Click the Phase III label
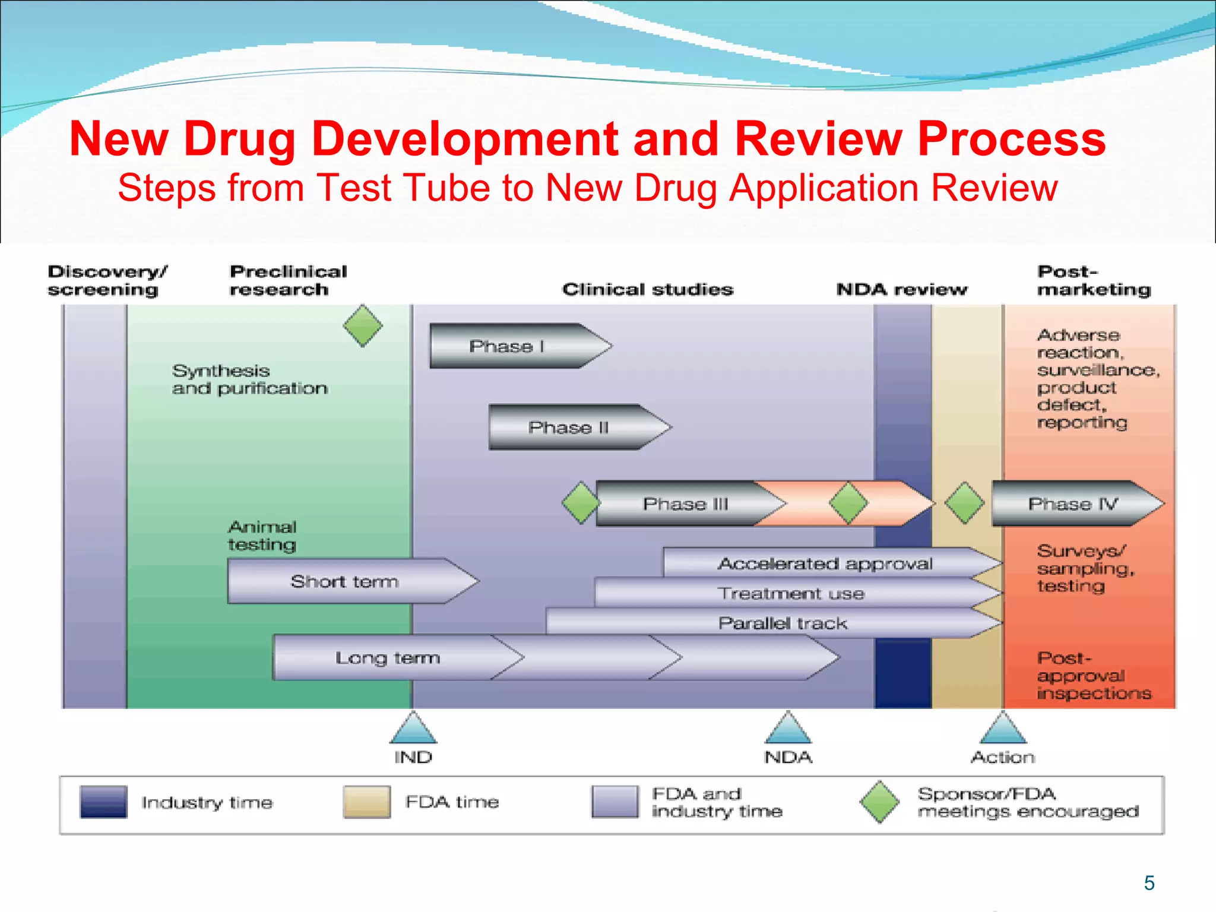[x=685, y=504]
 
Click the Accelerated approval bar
[x=825, y=563]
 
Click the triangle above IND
[x=413, y=730]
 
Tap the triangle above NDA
[x=788, y=730]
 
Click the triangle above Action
[x=1003, y=730]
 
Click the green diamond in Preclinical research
[x=363, y=325]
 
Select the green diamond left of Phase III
[x=581, y=503]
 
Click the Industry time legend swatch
[x=103, y=802]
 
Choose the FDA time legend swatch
[x=367, y=802]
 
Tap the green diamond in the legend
[x=880, y=802]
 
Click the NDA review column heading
[x=902, y=289]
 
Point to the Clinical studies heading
[x=648, y=289]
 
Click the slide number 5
[x=1149, y=883]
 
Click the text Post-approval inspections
[x=1094, y=676]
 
